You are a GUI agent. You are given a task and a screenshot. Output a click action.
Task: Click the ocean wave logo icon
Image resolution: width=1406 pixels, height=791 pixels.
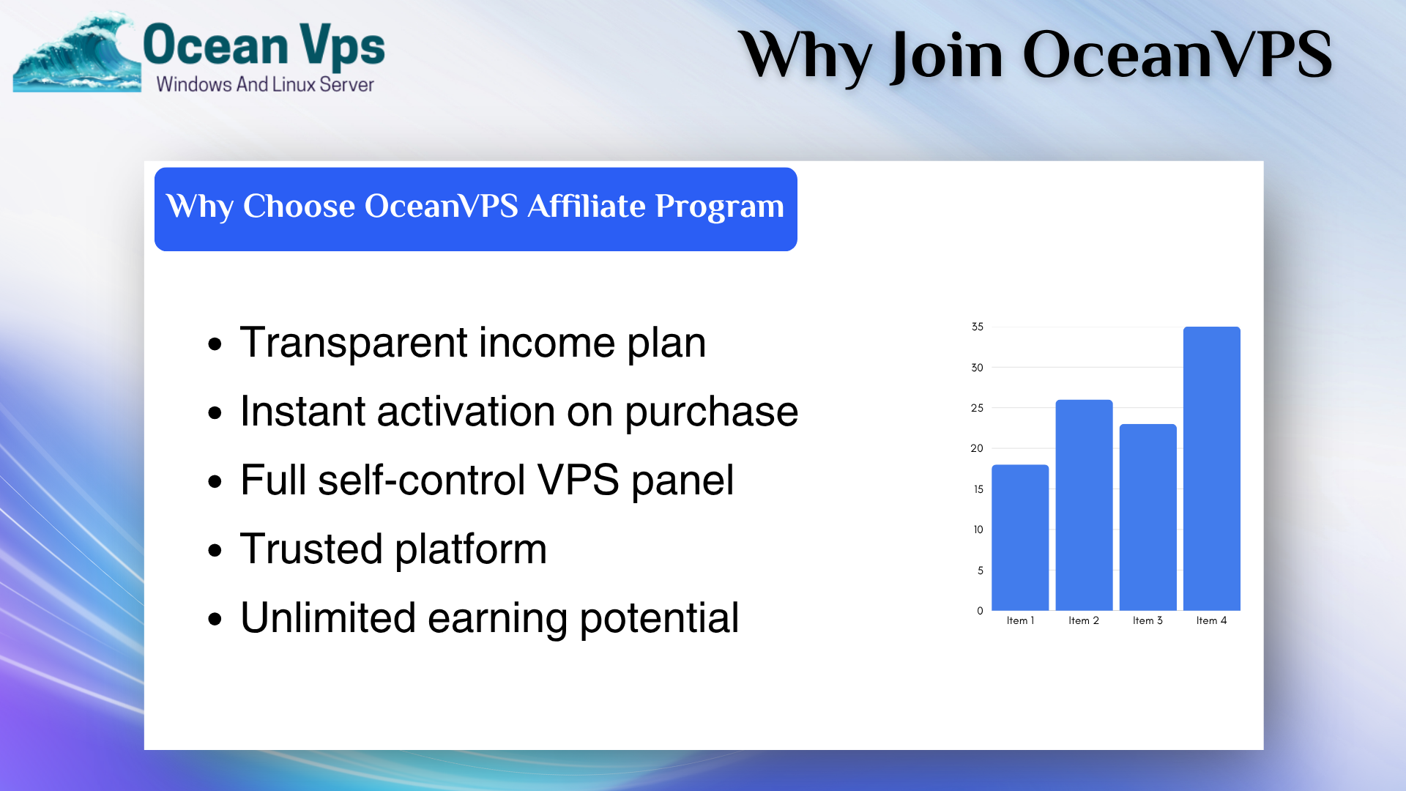(76, 53)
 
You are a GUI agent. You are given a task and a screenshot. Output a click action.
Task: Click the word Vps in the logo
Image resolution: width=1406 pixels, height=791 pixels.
(342, 45)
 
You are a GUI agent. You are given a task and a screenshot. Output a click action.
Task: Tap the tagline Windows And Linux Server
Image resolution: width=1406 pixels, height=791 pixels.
(265, 84)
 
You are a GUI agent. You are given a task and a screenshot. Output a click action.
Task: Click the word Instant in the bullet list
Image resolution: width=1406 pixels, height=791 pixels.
(302, 411)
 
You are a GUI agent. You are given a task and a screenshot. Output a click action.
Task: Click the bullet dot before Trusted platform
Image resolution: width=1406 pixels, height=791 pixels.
(215, 551)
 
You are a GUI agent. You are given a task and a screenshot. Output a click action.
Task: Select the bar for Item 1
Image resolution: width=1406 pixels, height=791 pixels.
(1020, 538)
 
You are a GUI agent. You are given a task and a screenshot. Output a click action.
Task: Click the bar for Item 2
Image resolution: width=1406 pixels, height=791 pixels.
(1084, 505)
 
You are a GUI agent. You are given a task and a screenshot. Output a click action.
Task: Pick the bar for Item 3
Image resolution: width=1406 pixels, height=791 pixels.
(1148, 517)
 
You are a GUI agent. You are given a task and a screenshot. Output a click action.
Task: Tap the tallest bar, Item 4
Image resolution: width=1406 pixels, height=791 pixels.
(1212, 469)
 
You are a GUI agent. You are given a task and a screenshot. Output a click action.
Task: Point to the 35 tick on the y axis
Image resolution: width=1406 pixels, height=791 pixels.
(978, 327)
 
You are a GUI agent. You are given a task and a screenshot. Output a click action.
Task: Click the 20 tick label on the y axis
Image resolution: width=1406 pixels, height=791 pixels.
(977, 448)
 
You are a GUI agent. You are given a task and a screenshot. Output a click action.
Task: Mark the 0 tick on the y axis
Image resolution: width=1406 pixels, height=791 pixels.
(980, 611)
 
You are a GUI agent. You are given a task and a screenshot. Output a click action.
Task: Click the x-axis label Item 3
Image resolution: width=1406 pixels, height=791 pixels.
(1148, 620)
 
